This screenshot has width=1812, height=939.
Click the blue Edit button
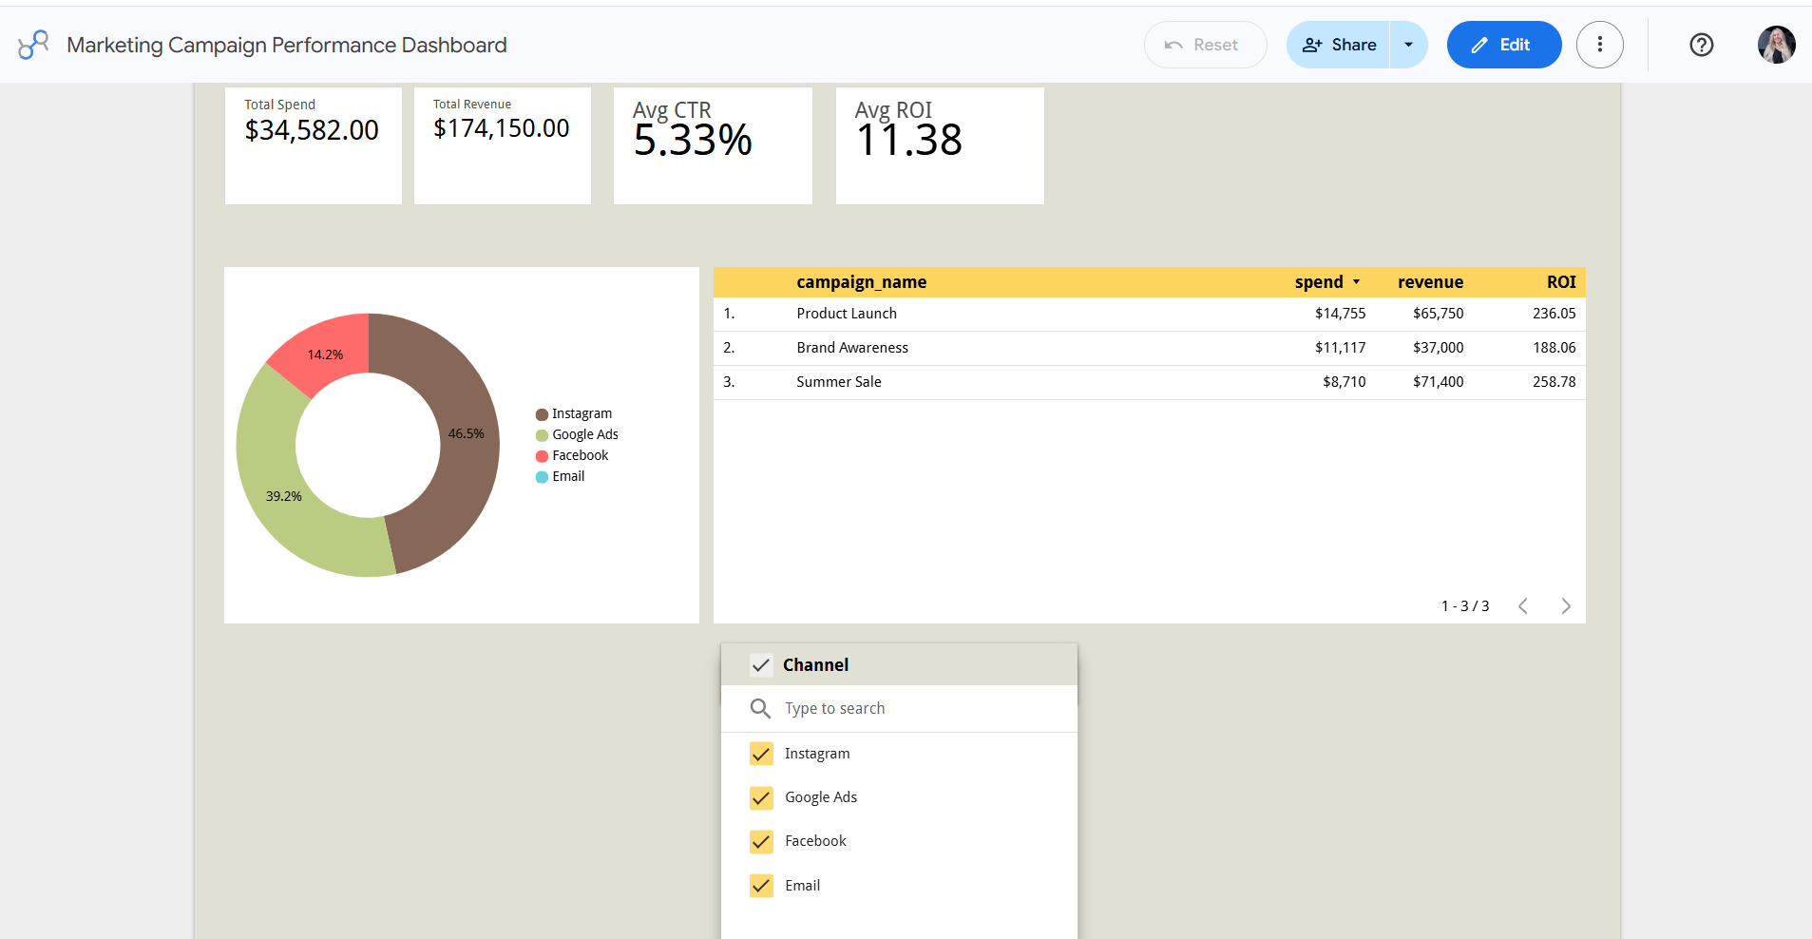pos(1503,45)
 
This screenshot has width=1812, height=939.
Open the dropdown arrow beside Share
pos(1408,45)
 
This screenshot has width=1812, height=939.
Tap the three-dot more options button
pos(1599,45)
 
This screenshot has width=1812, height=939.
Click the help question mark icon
pos(1701,45)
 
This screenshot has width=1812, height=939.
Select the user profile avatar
pos(1776,45)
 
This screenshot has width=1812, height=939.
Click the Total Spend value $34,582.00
pos(312,130)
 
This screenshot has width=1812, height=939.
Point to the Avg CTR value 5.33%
pos(693,141)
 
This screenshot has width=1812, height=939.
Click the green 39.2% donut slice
pos(285,494)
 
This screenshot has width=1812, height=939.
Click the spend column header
pos(1319,282)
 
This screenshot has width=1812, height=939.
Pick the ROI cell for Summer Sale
pos(1554,382)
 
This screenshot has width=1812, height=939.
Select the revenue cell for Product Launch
pos(1438,314)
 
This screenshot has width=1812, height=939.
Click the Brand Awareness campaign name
pos(852,348)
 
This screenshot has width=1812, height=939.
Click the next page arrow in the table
pos(1566,606)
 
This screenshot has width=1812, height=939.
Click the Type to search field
pos(834,708)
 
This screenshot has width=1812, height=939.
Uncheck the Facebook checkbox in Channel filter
pos(761,841)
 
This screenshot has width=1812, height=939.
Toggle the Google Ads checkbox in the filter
pos(761,797)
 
